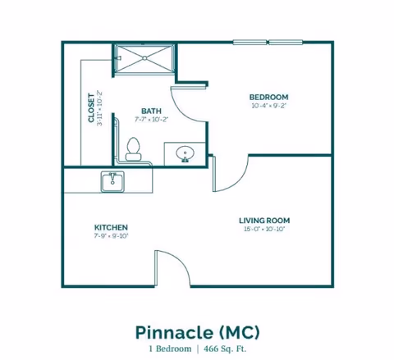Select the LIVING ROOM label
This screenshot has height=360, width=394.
263,221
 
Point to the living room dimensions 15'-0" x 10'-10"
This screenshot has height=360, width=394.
263,230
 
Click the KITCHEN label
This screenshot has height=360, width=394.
111,227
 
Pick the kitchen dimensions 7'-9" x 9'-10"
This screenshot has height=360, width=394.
111,236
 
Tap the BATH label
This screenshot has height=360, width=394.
151,111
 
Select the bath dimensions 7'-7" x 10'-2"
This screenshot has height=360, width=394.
151,120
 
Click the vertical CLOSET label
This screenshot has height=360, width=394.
91,107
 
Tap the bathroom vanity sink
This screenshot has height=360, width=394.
183,153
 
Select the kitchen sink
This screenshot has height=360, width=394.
112,181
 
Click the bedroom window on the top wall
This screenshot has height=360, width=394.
268,42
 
